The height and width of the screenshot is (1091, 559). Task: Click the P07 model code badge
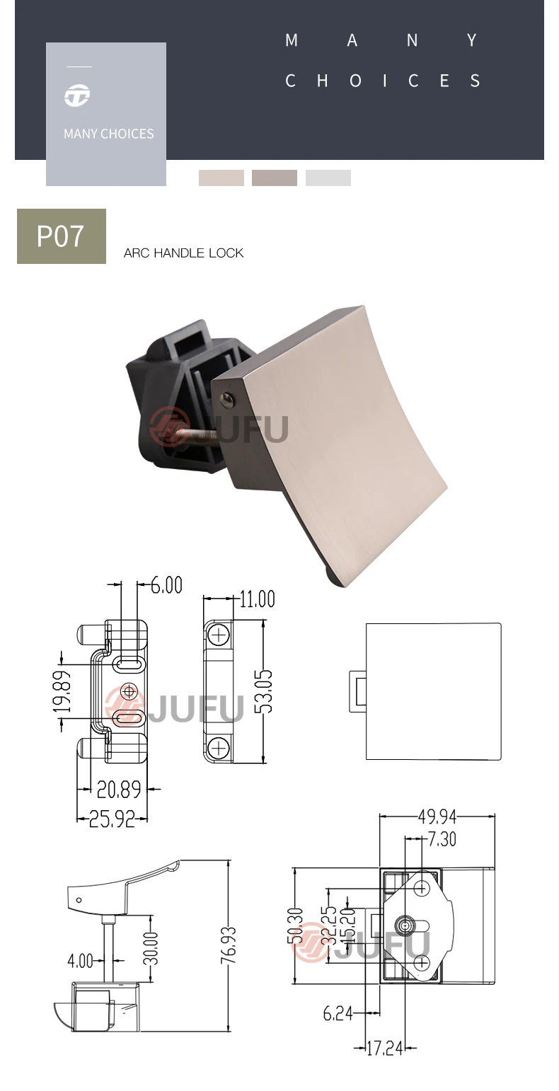(x=62, y=236)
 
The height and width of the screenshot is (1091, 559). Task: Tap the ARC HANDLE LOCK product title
(x=183, y=253)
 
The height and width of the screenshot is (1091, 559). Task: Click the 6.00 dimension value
(x=166, y=585)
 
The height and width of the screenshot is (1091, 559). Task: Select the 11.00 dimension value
(x=257, y=599)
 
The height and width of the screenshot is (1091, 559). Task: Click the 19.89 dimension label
(x=62, y=691)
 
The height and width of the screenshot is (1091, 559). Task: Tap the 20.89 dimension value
(x=119, y=790)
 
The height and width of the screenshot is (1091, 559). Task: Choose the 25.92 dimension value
(x=112, y=819)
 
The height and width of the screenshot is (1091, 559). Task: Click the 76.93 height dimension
(x=228, y=945)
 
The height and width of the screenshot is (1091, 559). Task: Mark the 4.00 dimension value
(x=80, y=961)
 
